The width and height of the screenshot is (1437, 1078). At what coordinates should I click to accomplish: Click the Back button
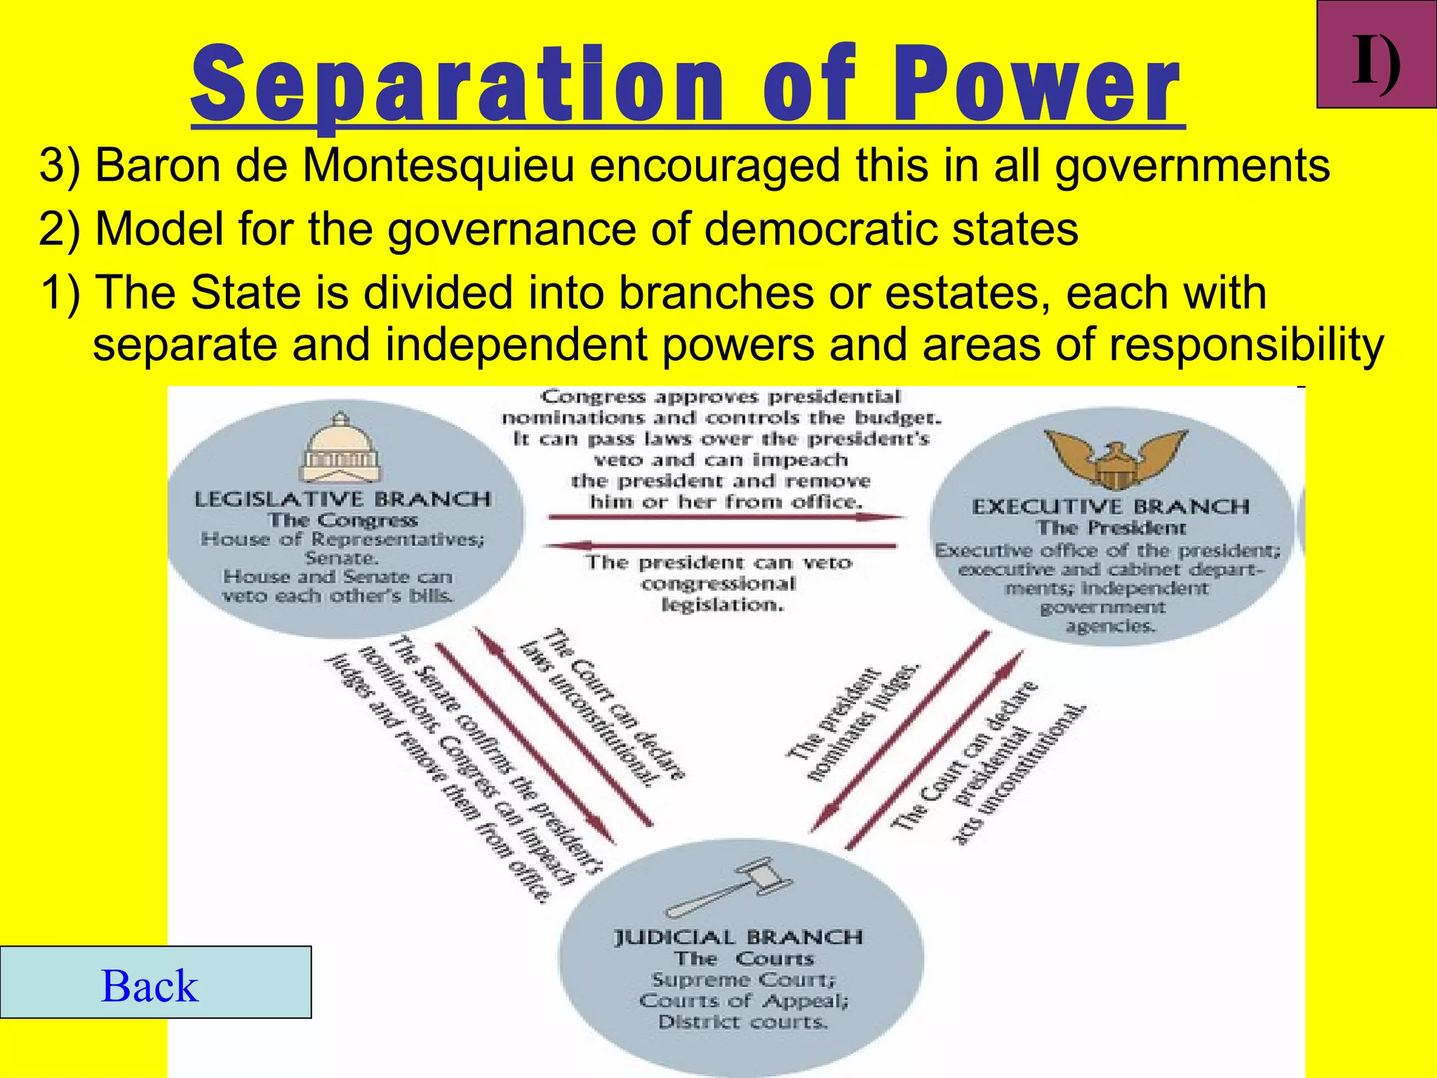pyautogui.click(x=155, y=983)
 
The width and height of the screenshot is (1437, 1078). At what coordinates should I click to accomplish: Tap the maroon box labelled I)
pyautogui.click(x=1377, y=55)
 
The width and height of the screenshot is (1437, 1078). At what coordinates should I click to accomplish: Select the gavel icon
pyautogui.click(x=730, y=889)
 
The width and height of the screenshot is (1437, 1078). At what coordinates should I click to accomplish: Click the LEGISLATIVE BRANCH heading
pyautogui.click(x=342, y=499)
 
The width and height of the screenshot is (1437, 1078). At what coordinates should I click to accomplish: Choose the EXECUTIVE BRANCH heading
pyautogui.click(x=1111, y=506)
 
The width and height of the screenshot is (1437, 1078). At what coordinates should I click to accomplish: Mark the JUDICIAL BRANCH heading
pyautogui.click(x=738, y=938)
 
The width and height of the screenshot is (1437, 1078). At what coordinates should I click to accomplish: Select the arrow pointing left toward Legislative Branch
pyautogui.click(x=723, y=545)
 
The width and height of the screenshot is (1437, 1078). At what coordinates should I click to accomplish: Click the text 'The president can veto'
pyautogui.click(x=718, y=563)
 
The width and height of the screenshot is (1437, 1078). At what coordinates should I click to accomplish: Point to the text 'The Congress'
pyautogui.click(x=342, y=520)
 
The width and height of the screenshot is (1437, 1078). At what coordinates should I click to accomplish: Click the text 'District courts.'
pyautogui.click(x=743, y=1022)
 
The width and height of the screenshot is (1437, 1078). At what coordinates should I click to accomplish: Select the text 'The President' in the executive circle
pyautogui.click(x=1111, y=527)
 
